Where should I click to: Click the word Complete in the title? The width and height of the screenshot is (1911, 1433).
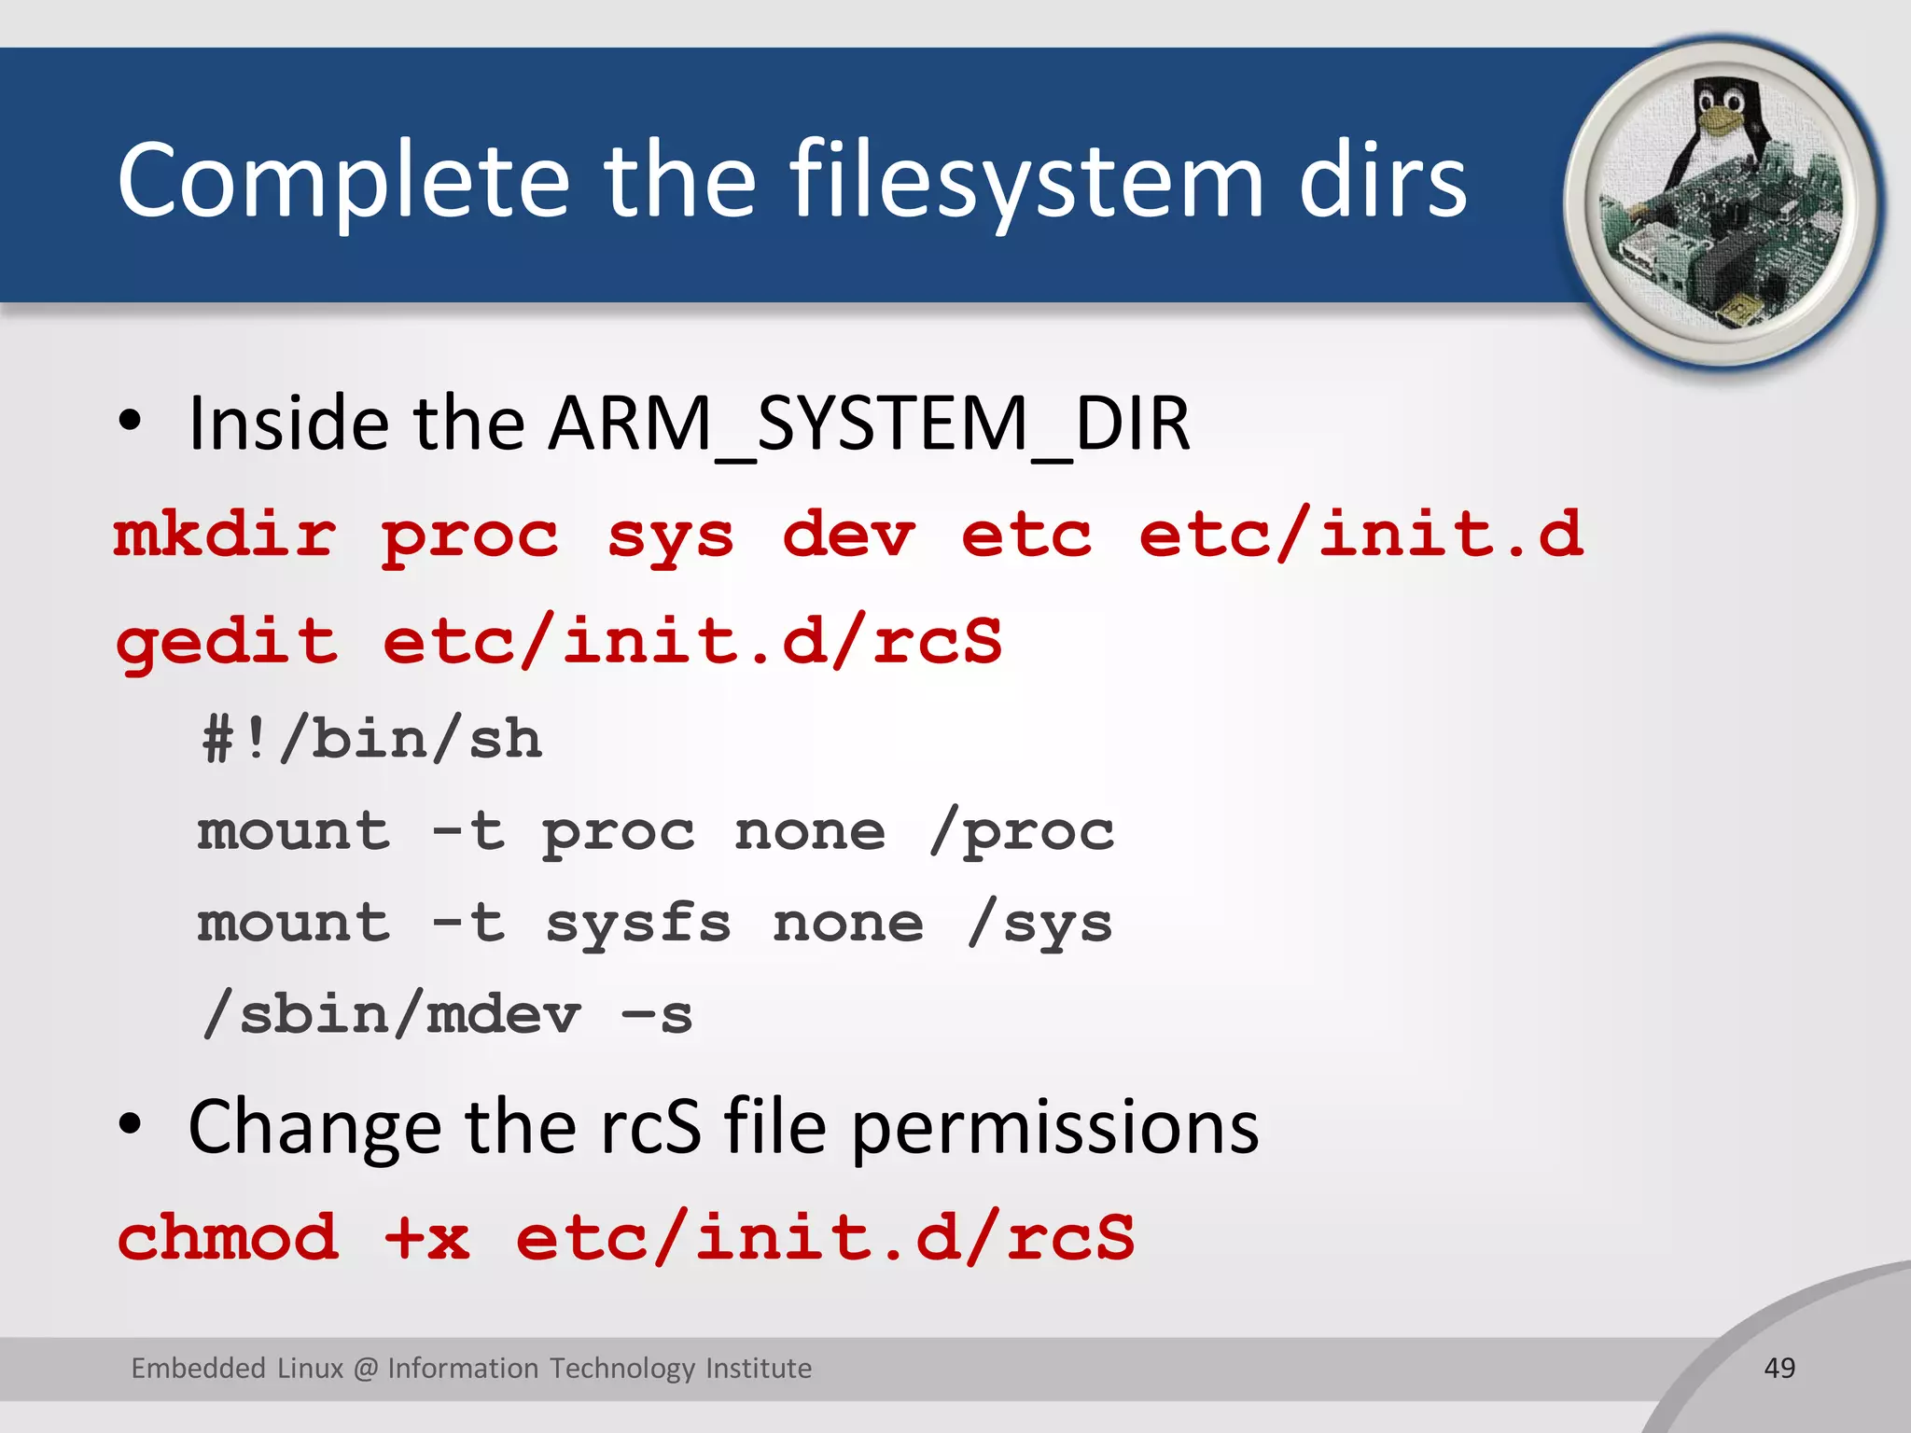click(x=343, y=182)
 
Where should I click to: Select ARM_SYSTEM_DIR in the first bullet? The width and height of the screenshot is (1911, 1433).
click(x=869, y=424)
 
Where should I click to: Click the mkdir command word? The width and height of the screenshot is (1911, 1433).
click(x=224, y=536)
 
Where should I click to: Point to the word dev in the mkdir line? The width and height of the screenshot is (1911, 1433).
click(x=848, y=536)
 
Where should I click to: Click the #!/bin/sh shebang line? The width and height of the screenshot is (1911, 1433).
click(x=371, y=740)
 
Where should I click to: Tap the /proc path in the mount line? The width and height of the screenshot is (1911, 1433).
click(x=1022, y=831)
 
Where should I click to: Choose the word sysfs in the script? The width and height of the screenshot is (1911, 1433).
click(x=638, y=924)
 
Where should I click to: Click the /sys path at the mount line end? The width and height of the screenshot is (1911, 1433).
click(x=1040, y=924)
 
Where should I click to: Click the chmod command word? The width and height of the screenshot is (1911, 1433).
click(x=228, y=1238)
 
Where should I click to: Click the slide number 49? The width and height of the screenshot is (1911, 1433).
click(x=1779, y=1368)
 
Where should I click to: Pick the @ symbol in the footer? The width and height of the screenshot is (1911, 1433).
click(x=366, y=1369)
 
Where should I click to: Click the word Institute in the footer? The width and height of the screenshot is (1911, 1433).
click(x=758, y=1368)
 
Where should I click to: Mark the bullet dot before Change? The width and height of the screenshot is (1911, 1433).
click(x=130, y=1125)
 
